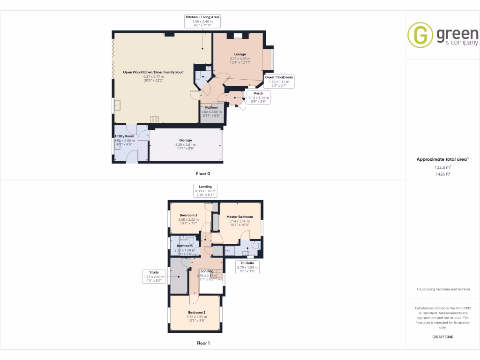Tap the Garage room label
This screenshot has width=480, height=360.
185,140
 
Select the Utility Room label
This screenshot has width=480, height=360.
124,136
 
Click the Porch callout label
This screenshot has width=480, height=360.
259,93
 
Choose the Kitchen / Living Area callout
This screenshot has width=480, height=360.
202,17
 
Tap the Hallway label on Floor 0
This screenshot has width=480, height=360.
210,107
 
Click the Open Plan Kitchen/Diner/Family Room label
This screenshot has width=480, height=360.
154,72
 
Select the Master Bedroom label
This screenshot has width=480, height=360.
240,217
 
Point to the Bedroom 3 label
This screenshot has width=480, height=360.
188,215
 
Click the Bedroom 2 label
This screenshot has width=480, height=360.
196,312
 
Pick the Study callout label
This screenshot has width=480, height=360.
154,272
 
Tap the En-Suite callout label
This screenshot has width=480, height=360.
247,263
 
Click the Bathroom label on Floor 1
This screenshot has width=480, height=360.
185,246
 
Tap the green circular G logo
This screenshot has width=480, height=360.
420,35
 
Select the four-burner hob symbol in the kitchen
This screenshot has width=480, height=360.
154,119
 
